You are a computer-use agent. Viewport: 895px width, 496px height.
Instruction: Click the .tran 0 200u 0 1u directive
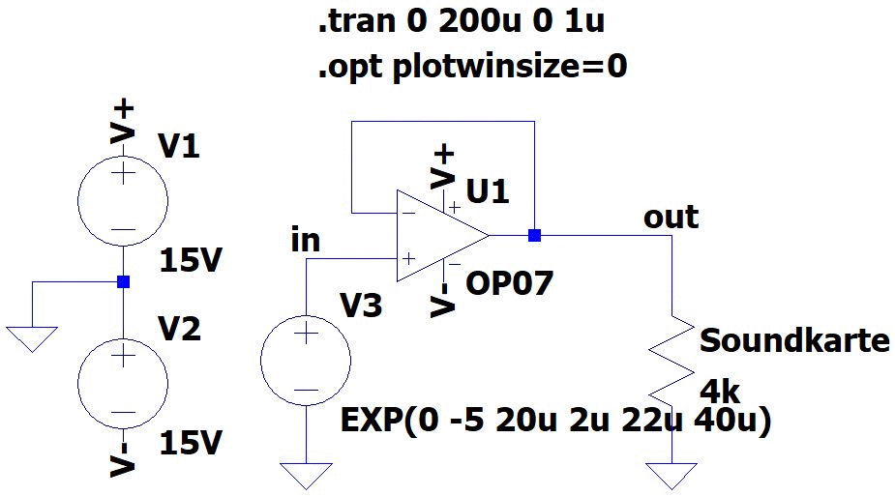click(462, 22)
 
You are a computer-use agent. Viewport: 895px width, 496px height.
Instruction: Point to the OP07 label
click(509, 283)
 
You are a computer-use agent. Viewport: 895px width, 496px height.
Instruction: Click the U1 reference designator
click(488, 191)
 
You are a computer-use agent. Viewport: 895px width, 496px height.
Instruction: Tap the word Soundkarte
click(794, 340)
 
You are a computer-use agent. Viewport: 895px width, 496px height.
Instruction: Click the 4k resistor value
click(720, 393)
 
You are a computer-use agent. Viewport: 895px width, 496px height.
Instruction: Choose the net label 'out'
click(671, 217)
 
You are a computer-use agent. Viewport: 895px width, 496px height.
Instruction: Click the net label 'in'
click(305, 240)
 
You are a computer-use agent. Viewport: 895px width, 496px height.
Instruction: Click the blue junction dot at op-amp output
click(534, 235)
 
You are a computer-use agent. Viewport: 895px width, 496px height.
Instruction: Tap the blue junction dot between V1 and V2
click(123, 281)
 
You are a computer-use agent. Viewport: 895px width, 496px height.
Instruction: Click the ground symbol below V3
click(306, 475)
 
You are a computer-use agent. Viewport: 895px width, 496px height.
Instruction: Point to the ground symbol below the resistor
click(672, 475)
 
